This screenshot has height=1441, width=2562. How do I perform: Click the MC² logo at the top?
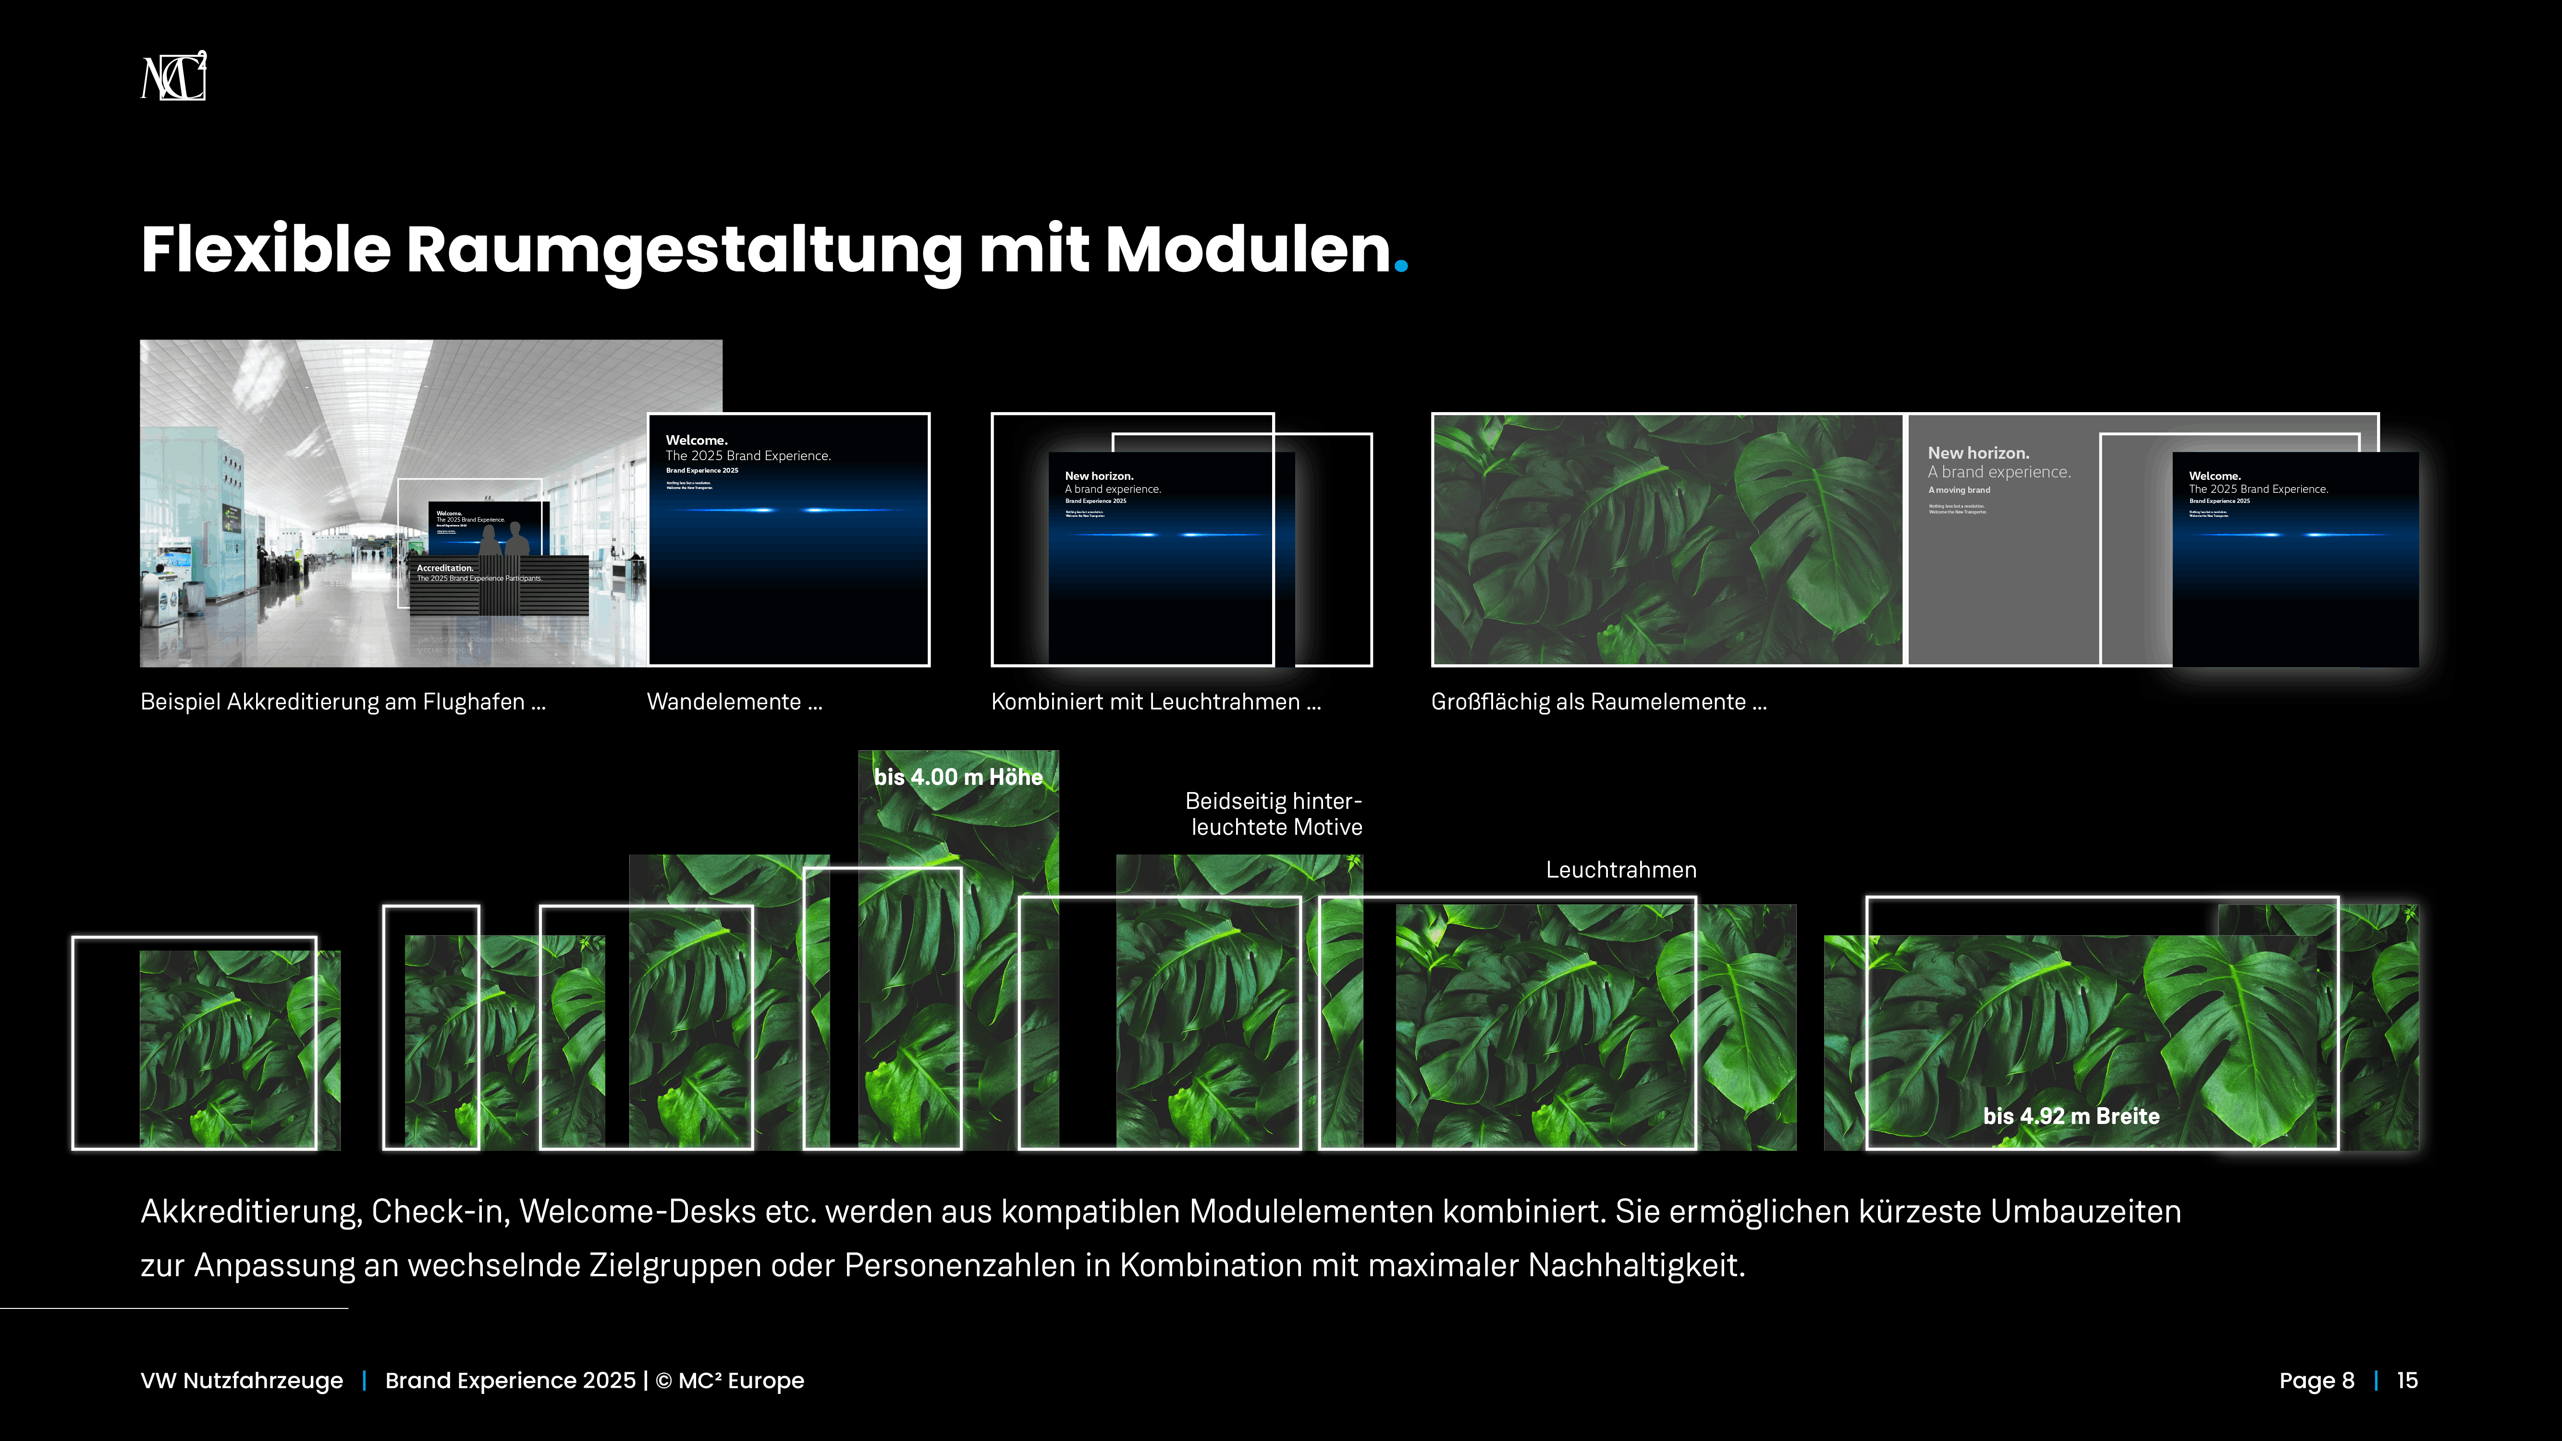coord(174,76)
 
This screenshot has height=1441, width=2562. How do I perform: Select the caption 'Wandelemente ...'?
coord(734,702)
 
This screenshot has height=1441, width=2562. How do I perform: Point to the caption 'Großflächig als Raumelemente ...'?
coord(1598,702)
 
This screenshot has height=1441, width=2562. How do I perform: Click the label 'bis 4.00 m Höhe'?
coord(958,778)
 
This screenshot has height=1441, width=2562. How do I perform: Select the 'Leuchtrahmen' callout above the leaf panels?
coord(1621,870)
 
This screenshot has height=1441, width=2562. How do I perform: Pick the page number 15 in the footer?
coord(2407,1380)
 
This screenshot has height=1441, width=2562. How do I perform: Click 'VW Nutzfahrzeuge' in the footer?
coord(242,1380)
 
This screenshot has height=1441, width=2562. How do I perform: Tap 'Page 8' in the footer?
coord(2317,1380)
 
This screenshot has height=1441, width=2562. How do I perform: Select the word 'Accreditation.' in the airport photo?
coord(444,568)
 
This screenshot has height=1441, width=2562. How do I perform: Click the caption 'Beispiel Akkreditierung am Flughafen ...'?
coord(343,702)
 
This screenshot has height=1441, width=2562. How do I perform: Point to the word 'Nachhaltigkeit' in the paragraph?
coord(1636,1266)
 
